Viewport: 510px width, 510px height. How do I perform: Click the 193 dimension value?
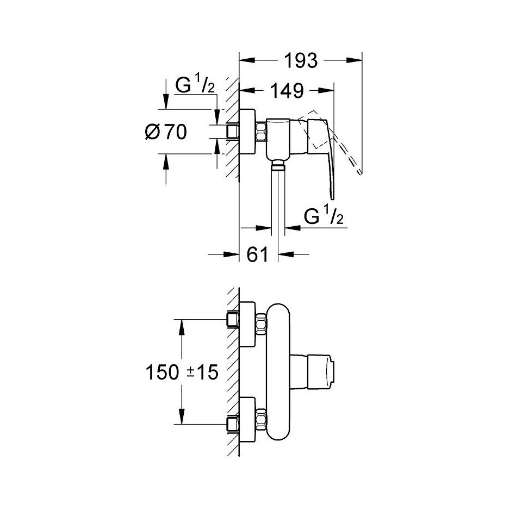[x=301, y=60]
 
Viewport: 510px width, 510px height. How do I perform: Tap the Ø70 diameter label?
[x=166, y=132]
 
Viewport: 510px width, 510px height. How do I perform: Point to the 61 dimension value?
[x=258, y=254]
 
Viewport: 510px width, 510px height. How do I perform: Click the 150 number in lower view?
[x=163, y=372]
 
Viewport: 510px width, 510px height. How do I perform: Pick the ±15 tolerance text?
[x=202, y=372]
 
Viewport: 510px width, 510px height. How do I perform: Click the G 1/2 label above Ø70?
[x=195, y=85]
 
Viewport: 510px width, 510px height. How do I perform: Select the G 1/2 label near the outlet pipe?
[x=324, y=216]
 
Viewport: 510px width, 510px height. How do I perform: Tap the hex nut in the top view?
[x=261, y=131]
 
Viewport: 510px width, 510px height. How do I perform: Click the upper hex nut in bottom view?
[x=261, y=324]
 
